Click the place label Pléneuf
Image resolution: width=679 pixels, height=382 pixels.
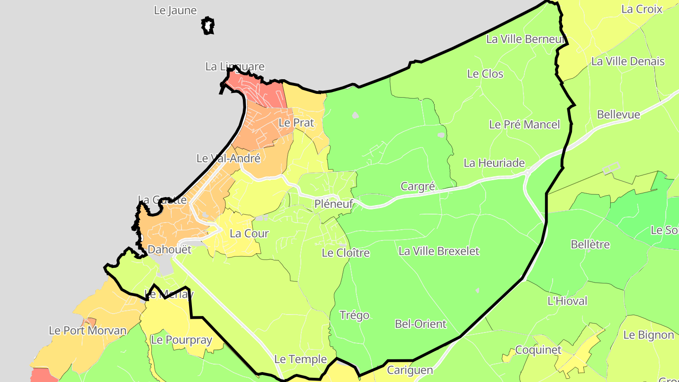click(334, 204)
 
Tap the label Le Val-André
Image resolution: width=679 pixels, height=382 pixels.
click(228, 158)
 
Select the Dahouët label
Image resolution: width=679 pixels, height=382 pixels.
click(169, 249)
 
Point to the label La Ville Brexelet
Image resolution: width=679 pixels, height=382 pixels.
click(439, 251)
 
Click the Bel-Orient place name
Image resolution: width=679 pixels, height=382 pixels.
click(420, 324)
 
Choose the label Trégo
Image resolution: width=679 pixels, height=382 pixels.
click(354, 315)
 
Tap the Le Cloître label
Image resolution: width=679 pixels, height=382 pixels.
click(346, 253)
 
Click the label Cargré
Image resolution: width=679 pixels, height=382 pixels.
click(417, 186)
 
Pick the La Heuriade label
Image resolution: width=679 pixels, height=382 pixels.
click(494, 163)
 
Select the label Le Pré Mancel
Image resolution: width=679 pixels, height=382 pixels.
click(524, 125)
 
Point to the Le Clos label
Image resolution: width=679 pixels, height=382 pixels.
click(485, 74)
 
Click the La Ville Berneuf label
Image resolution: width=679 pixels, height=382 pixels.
click(525, 39)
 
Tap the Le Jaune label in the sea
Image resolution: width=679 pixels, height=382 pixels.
click(175, 10)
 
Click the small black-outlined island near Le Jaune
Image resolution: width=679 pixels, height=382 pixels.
click(208, 25)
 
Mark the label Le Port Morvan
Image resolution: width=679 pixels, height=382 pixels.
click(88, 331)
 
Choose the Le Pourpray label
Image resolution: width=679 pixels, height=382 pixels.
click(181, 340)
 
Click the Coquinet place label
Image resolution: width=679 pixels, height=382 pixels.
click(538, 350)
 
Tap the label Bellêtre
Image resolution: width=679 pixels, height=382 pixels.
click(590, 245)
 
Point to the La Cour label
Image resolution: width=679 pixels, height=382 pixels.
click(249, 233)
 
